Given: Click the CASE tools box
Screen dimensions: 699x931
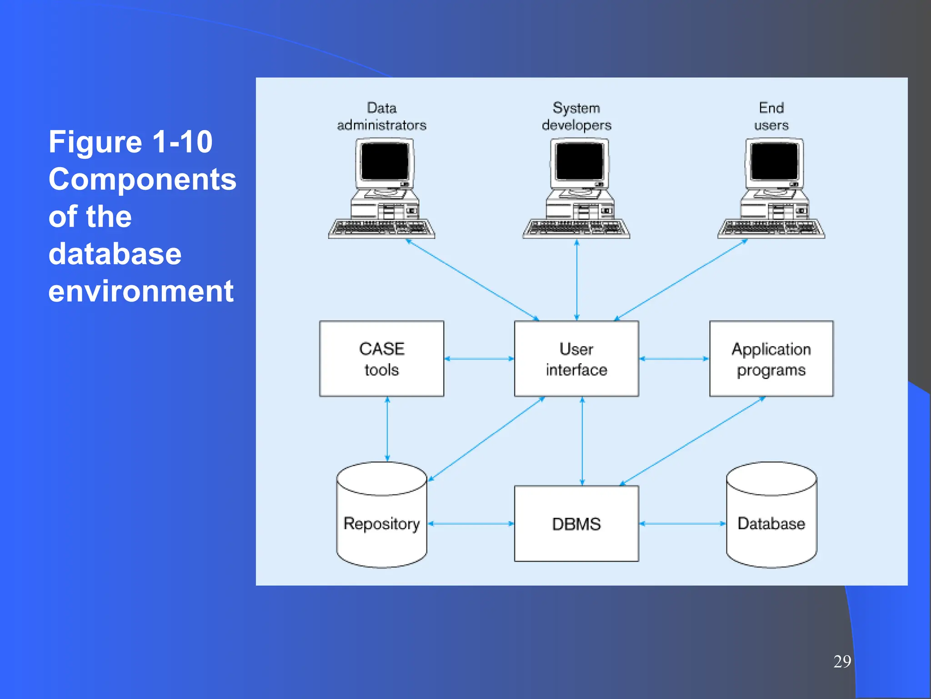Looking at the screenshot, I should [x=381, y=359].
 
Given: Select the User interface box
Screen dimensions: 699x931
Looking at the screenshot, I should [x=576, y=359].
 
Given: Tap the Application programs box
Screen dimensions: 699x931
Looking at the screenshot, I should [x=771, y=359].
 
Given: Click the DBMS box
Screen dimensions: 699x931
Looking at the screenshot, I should [x=576, y=523].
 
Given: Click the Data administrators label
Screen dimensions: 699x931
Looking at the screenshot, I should [x=381, y=116].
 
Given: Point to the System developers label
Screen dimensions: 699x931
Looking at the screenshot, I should [x=576, y=116].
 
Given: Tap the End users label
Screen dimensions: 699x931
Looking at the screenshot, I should [x=771, y=116].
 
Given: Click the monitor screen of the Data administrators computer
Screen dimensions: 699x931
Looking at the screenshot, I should [x=385, y=162].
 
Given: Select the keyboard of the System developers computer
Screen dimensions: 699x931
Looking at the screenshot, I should [x=576, y=228].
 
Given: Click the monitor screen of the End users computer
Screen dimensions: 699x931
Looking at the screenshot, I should [x=774, y=162].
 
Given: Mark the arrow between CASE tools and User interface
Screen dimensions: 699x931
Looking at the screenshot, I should [x=479, y=359].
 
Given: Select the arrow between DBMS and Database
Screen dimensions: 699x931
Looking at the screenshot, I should [x=682, y=524].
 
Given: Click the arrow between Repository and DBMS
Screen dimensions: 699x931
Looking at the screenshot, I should [x=471, y=524].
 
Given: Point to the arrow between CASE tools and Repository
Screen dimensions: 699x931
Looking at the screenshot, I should [x=387, y=429].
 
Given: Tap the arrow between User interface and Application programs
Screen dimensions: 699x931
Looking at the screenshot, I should [x=674, y=359].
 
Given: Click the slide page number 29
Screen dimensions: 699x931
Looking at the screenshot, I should [x=842, y=661].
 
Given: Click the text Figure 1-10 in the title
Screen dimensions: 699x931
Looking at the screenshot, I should [x=130, y=142].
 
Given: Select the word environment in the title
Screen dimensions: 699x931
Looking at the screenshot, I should [x=141, y=291].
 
